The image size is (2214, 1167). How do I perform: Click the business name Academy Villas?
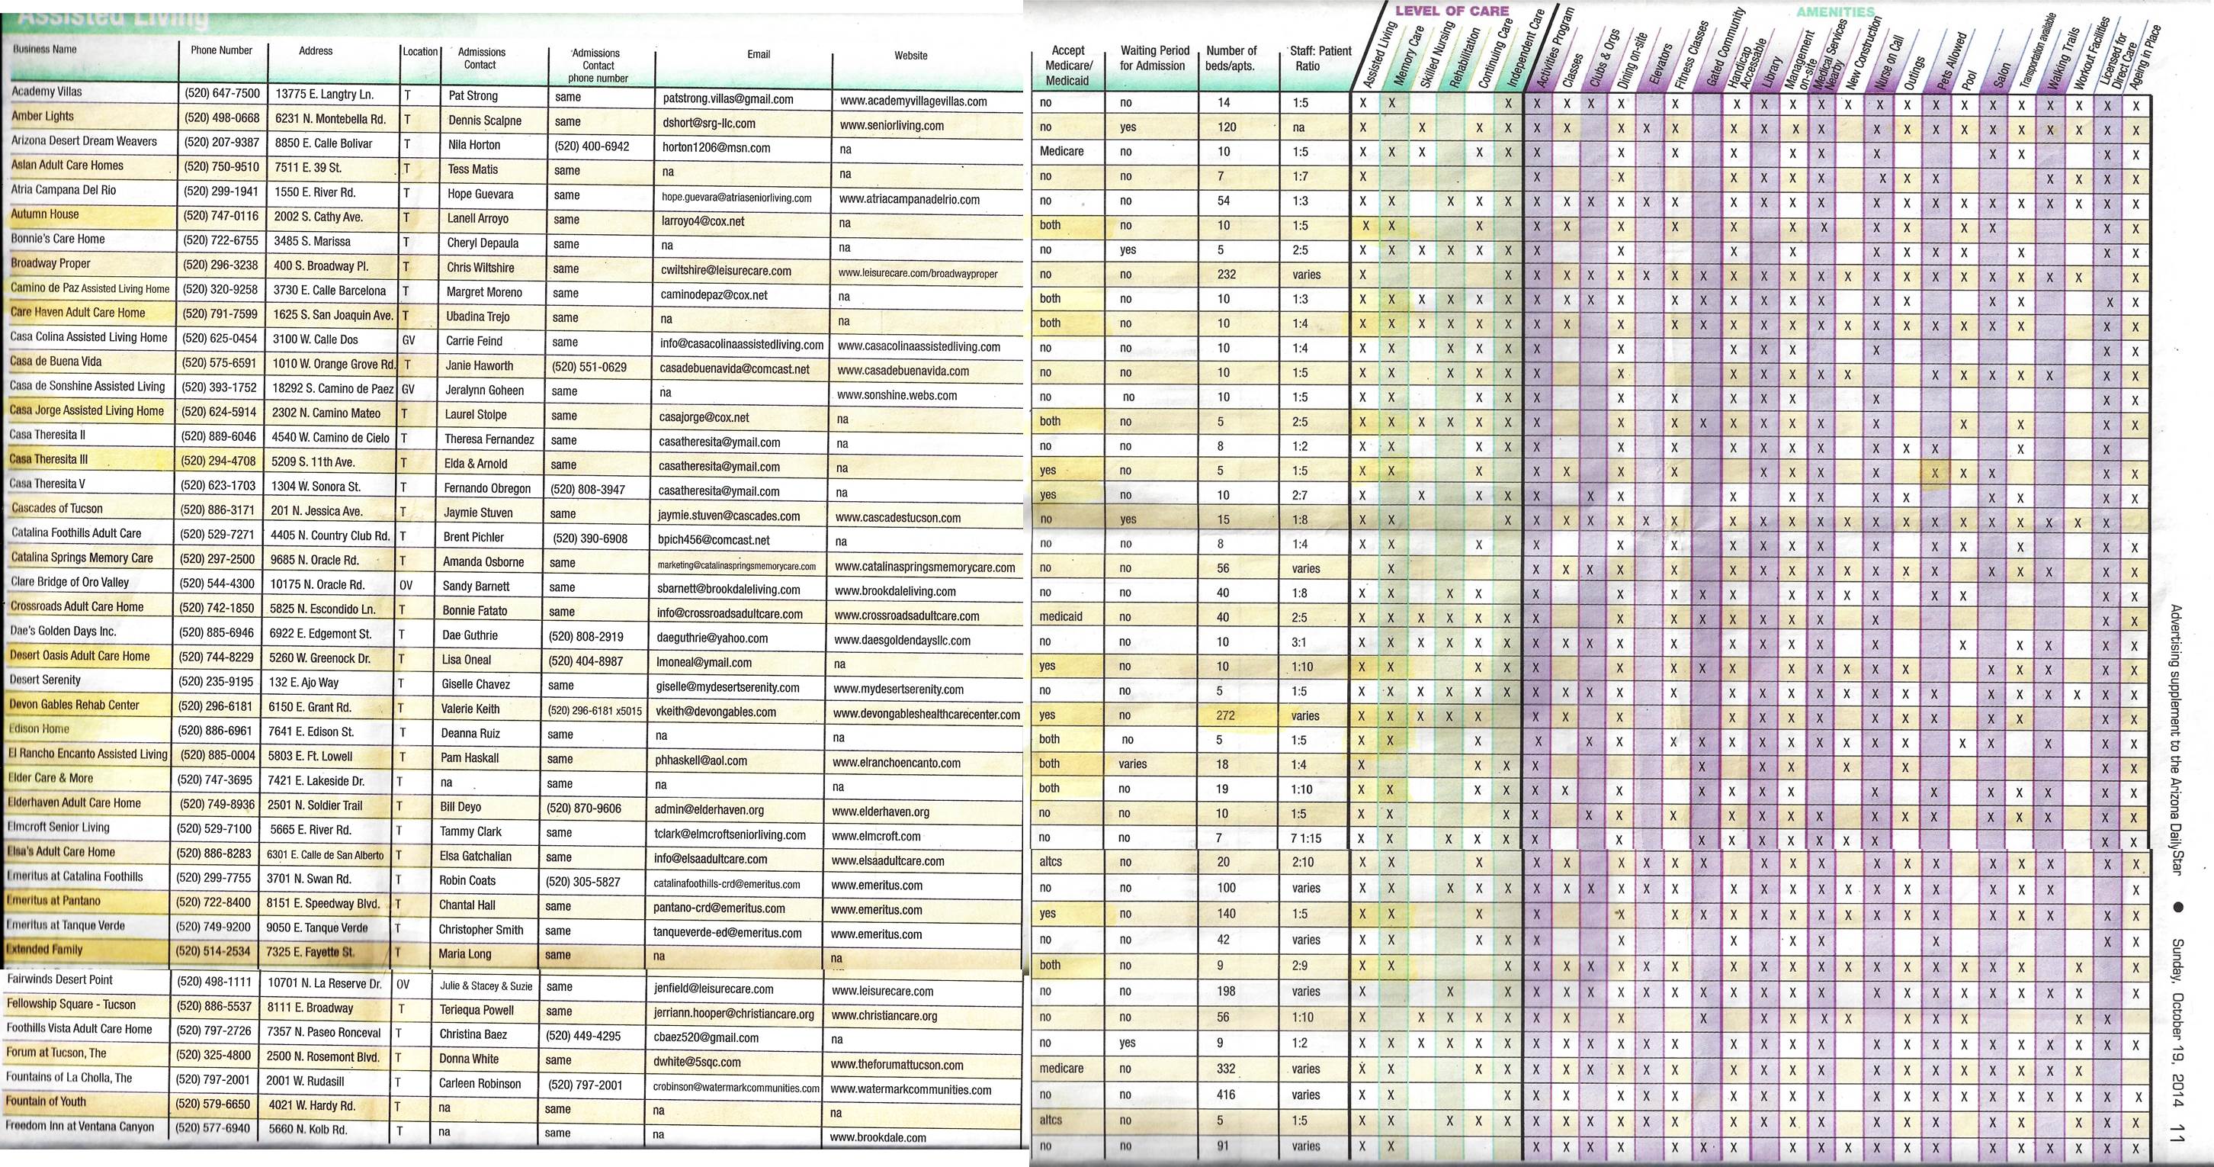pyautogui.click(x=47, y=92)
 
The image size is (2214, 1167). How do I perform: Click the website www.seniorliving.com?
pyautogui.click(x=891, y=126)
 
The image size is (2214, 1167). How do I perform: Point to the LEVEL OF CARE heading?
pyautogui.click(x=1452, y=11)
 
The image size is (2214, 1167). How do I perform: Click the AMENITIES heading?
pyautogui.click(x=1835, y=12)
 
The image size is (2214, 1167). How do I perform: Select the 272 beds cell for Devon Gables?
pyautogui.click(x=1226, y=715)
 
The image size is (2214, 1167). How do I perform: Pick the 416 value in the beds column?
pyautogui.click(x=1226, y=1095)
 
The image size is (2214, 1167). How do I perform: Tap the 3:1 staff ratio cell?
pyautogui.click(x=1298, y=641)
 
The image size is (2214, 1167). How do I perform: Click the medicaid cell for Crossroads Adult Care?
pyautogui.click(x=1060, y=616)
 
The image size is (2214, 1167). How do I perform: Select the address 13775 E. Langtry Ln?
pyautogui.click(x=324, y=95)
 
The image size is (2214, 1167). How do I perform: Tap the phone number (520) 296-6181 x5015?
pyautogui.click(x=595, y=711)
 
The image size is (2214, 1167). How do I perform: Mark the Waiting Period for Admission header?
pyautogui.click(x=1154, y=59)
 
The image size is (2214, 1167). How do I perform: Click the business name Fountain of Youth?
pyautogui.click(x=47, y=1101)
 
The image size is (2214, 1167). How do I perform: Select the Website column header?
pyautogui.click(x=910, y=56)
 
